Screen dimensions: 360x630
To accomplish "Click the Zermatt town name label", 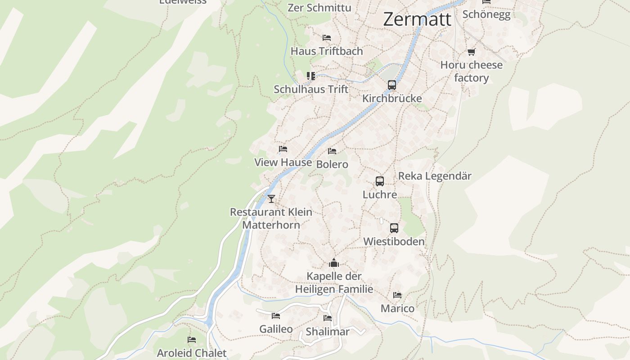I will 417,19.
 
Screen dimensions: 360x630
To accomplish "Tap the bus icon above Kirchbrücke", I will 392,85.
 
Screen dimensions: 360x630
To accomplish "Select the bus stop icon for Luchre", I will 380,181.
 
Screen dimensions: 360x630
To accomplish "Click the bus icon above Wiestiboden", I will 394,228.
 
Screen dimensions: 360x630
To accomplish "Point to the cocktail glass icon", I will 271,198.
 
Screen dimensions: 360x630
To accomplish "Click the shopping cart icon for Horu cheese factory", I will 471,52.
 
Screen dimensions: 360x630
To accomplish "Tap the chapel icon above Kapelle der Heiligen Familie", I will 334,262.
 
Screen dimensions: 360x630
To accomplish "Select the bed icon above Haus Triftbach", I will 327,38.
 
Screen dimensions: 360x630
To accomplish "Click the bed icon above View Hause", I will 283,149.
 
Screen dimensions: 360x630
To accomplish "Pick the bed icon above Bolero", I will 332,151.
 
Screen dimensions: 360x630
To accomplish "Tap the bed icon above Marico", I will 397,295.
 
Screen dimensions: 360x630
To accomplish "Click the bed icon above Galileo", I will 276,316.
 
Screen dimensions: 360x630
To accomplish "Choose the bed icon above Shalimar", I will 328,318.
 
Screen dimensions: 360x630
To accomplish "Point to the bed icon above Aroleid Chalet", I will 192,340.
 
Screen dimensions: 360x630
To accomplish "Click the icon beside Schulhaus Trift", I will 310,76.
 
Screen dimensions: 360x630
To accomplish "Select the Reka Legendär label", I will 435,176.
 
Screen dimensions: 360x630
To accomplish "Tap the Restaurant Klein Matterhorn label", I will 271,218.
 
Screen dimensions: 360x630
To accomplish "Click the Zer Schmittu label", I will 319,8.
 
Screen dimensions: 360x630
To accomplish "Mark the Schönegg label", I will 486,14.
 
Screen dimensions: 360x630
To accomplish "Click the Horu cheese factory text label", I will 471,71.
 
